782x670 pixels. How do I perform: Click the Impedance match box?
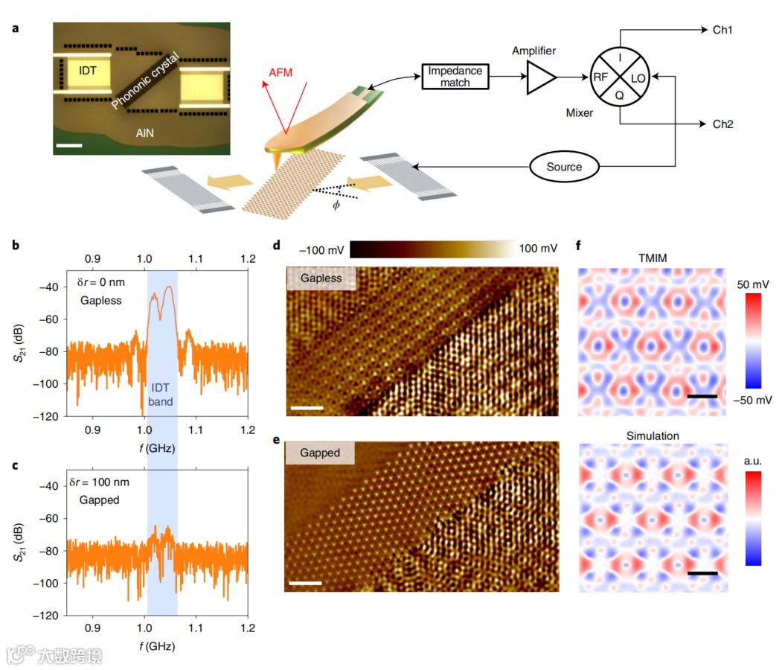tap(455, 77)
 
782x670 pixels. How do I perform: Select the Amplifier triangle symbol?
tap(541, 77)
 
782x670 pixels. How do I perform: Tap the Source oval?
tap(564, 167)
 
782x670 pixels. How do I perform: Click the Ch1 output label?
tap(722, 31)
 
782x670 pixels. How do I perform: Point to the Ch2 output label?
tap(722, 124)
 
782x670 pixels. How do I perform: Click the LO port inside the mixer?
tap(638, 77)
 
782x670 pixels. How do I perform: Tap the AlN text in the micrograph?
tap(144, 133)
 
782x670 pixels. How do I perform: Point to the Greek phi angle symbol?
tap(336, 205)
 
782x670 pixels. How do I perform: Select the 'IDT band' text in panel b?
tap(162, 395)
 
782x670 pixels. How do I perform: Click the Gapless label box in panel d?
tap(321, 278)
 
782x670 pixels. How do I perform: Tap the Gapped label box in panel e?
tap(320, 453)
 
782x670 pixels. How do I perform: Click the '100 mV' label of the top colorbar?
tap(539, 248)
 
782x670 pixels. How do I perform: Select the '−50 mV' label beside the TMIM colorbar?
tap(752, 400)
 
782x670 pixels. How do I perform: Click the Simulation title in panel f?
tap(653, 435)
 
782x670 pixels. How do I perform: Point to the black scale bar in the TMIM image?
tap(702, 397)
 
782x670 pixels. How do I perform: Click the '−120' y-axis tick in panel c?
tap(47, 616)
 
